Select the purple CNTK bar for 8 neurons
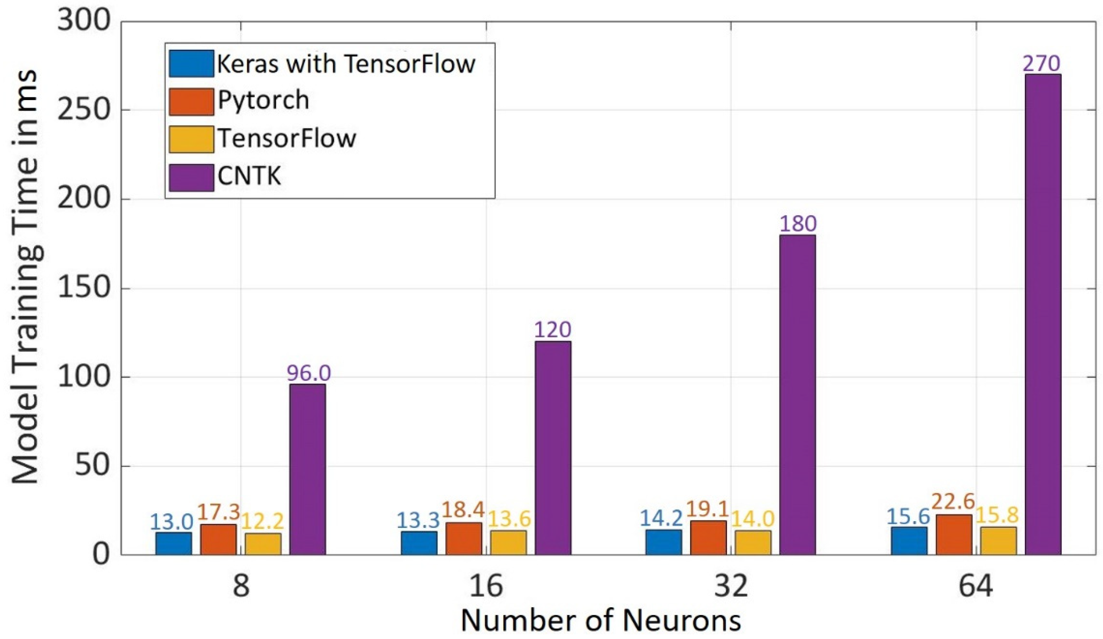coord(307,469)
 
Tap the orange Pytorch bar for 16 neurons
coord(464,539)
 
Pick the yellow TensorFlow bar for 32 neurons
coord(753,543)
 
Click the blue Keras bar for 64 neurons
coord(909,541)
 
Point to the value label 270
coord(1042,64)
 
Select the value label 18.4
coord(463,509)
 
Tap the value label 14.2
coord(661,519)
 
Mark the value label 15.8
coord(998,515)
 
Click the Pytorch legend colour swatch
coord(191,102)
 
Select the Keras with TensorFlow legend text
coord(346,64)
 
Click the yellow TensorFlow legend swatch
coord(191,140)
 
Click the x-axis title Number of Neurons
coord(601,621)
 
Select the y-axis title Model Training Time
coord(26,280)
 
